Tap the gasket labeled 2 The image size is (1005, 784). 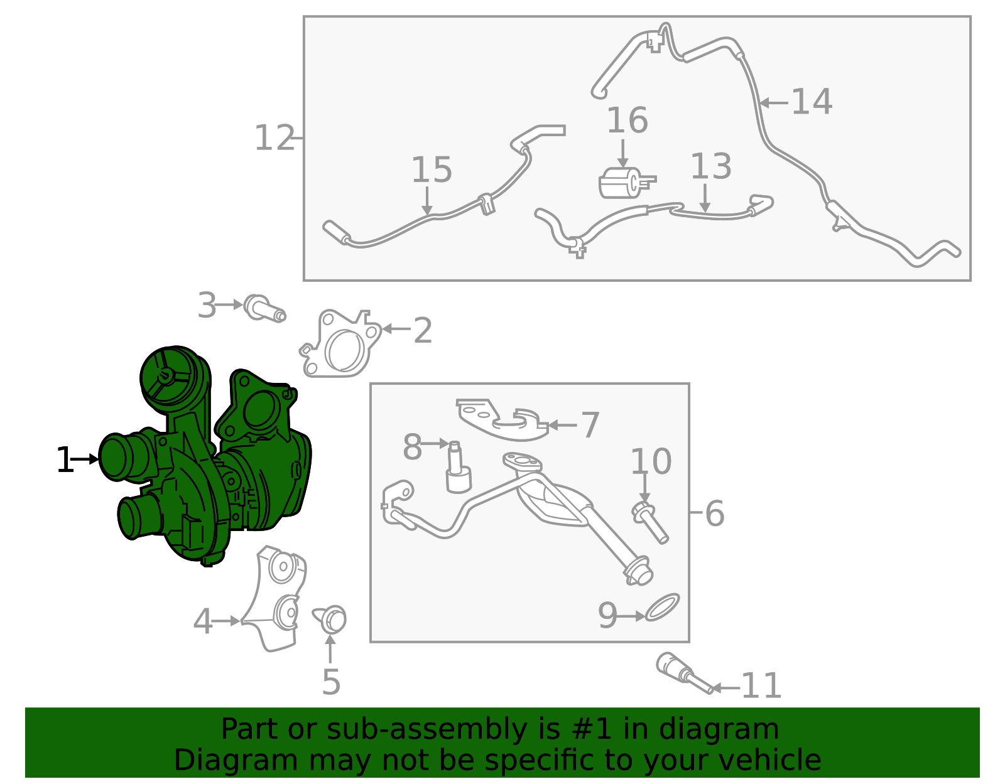click(x=341, y=343)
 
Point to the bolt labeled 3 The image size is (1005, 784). click(x=264, y=308)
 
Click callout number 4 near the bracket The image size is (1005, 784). click(x=203, y=621)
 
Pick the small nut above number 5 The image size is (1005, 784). click(x=330, y=619)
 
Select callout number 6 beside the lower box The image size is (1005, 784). click(x=715, y=513)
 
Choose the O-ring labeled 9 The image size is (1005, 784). click(x=662, y=607)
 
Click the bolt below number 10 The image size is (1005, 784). click(x=650, y=523)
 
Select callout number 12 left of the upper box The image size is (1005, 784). click(x=274, y=137)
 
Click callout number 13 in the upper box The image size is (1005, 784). click(x=711, y=166)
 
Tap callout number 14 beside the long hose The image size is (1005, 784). click(x=812, y=102)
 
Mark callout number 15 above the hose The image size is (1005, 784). click(x=432, y=169)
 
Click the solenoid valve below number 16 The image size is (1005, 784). click(x=626, y=183)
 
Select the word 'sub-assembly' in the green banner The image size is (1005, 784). click(x=426, y=729)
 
